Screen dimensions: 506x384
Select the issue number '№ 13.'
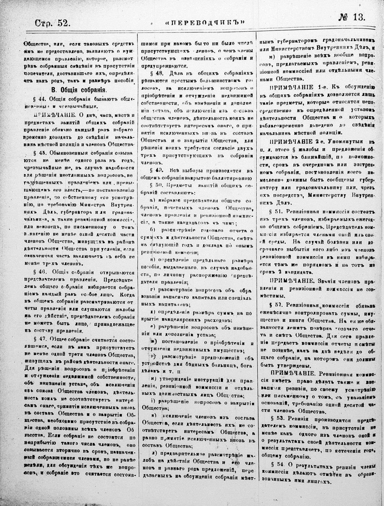[352, 17]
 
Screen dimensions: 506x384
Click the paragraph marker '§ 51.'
[275, 212]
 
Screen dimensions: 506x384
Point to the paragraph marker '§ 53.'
[275, 418]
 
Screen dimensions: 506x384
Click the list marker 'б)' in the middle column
[152, 230]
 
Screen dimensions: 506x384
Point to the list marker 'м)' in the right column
[272, 56]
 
